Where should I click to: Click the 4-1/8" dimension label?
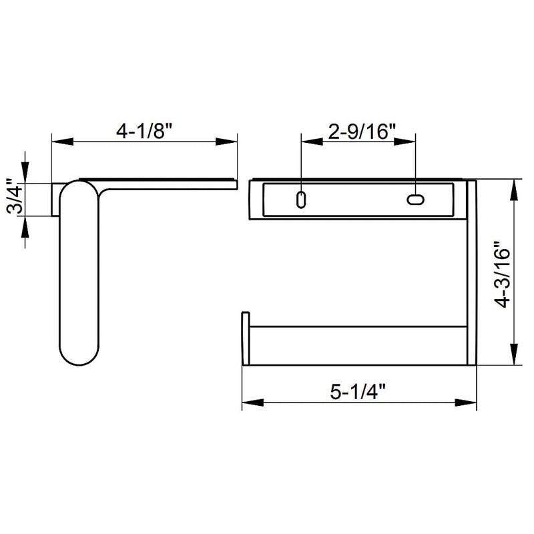click(144, 129)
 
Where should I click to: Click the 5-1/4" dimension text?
click(359, 392)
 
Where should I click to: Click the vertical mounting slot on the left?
click(302, 200)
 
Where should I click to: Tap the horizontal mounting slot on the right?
click(415, 199)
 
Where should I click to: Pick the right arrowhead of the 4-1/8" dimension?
click(230, 142)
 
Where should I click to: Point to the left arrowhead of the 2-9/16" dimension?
click(309, 142)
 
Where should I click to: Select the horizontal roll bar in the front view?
click(357, 345)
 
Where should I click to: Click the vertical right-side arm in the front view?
click(471, 274)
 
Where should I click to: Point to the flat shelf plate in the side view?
click(167, 182)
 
